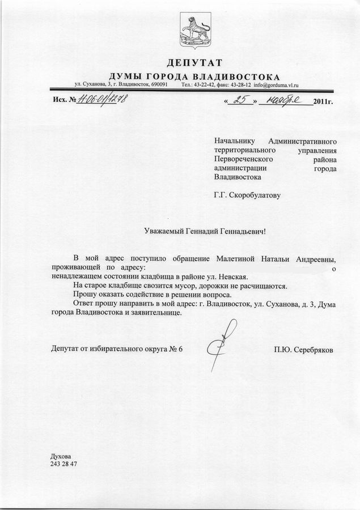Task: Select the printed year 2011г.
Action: [x=321, y=102]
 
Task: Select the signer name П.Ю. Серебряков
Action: [x=303, y=350]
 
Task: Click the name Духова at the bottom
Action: [x=61, y=455]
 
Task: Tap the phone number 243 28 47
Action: [x=63, y=464]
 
